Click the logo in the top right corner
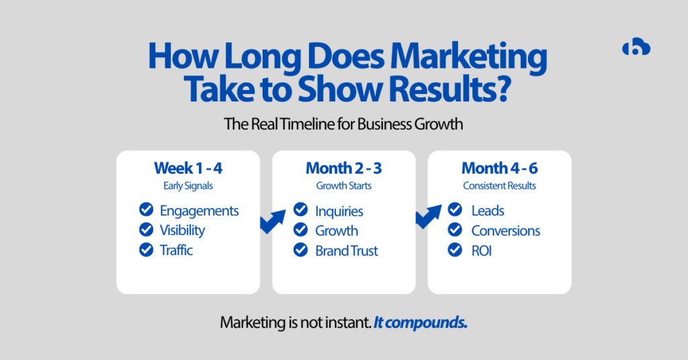636,48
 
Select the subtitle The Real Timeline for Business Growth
343,124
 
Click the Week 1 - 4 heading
187,168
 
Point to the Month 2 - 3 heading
343,168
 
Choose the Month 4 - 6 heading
499,168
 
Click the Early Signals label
187,185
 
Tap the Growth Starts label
343,185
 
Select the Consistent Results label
499,185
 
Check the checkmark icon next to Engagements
146,210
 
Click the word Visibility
182,230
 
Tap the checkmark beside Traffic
146,250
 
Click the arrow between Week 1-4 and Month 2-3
272,222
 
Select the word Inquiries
339,211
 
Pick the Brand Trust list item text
347,251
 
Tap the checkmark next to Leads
456,210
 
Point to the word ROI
482,251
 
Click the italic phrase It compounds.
421,322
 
